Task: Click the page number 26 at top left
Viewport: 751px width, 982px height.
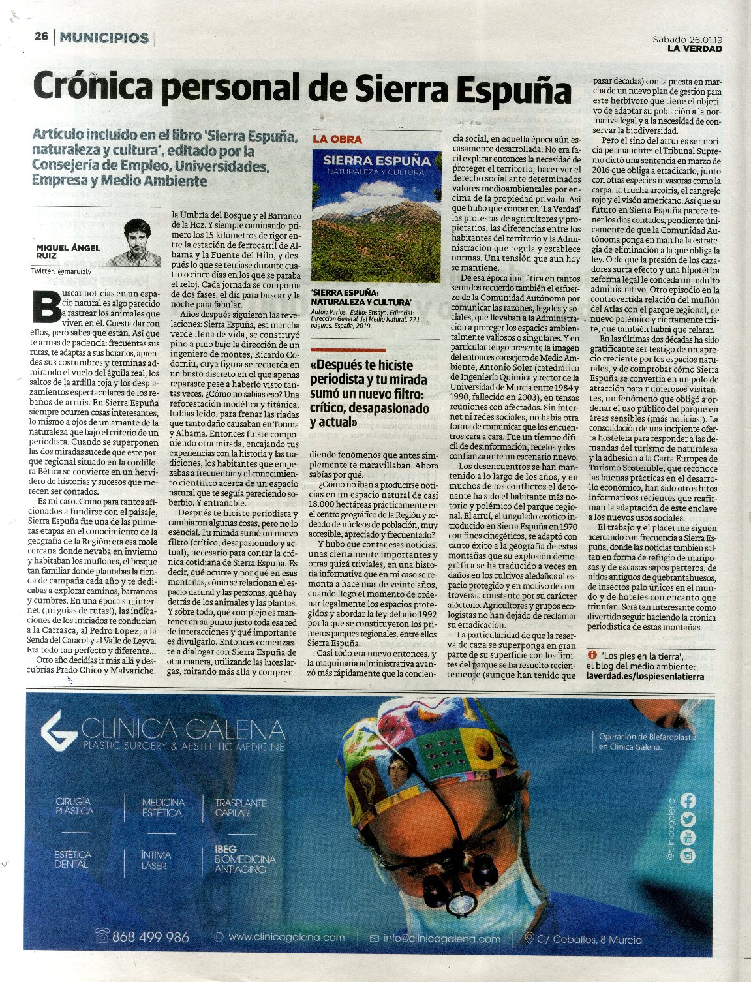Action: (x=41, y=37)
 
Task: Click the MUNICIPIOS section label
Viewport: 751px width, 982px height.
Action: (x=104, y=38)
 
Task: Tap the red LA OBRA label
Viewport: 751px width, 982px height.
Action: (x=337, y=139)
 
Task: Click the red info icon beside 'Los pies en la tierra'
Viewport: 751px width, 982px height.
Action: (x=592, y=654)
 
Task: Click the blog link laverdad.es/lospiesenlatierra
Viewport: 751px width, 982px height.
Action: (x=645, y=677)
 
